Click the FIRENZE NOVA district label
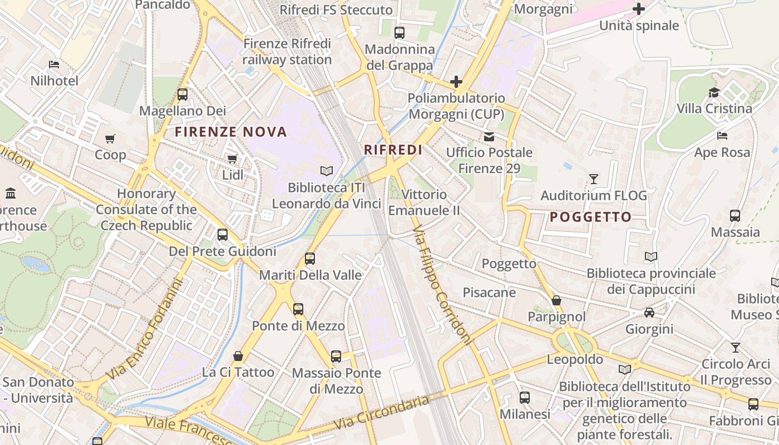click(231, 132)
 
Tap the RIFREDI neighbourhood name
click(393, 150)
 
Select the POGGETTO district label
click(590, 217)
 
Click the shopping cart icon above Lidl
click(233, 159)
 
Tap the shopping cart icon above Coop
click(110, 139)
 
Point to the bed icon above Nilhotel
click(54, 65)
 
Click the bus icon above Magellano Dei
click(183, 95)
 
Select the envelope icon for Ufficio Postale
click(489, 136)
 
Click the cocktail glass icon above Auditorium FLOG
click(594, 179)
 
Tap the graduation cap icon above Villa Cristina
click(714, 92)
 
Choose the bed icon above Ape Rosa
click(722, 136)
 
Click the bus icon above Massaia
click(735, 215)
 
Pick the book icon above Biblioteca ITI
click(327, 171)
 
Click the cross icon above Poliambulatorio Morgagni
click(456, 82)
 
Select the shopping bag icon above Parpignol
click(556, 301)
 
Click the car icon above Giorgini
click(649, 313)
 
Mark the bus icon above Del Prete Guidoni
click(223, 235)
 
